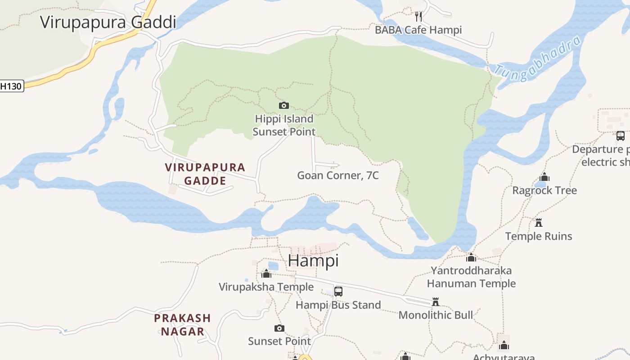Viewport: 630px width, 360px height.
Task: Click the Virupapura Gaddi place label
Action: click(x=108, y=22)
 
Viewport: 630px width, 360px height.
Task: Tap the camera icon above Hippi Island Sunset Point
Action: click(x=283, y=105)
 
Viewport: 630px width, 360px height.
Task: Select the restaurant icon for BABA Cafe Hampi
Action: click(x=418, y=17)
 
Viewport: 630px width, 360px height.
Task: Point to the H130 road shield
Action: click(x=11, y=86)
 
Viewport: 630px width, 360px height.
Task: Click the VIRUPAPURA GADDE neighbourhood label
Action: click(x=205, y=174)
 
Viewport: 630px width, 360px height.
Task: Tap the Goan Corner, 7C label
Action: click(x=337, y=175)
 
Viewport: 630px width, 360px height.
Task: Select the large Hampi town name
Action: click(x=313, y=261)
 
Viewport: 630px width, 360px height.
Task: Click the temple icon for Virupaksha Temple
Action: click(x=266, y=274)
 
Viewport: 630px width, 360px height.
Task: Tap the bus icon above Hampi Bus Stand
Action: click(x=338, y=291)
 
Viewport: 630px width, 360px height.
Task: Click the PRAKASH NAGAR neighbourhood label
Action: click(x=182, y=325)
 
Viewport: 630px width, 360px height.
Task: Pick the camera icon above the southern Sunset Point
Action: click(x=279, y=328)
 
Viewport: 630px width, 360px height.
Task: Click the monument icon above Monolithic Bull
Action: click(x=435, y=301)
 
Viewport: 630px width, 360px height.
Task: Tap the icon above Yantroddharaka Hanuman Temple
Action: click(x=471, y=257)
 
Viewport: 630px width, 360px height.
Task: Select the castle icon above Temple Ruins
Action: click(x=539, y=222)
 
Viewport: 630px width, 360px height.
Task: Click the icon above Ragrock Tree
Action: click(x=544, y=177)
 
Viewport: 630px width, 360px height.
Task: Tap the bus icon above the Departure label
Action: click(x=621, y=135)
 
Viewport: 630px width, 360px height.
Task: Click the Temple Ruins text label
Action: click(x=539, y=236)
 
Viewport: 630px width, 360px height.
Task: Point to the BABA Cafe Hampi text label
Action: click(x=418, y=30)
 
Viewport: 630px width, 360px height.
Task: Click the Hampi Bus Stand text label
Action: click(x=338, y=305)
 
